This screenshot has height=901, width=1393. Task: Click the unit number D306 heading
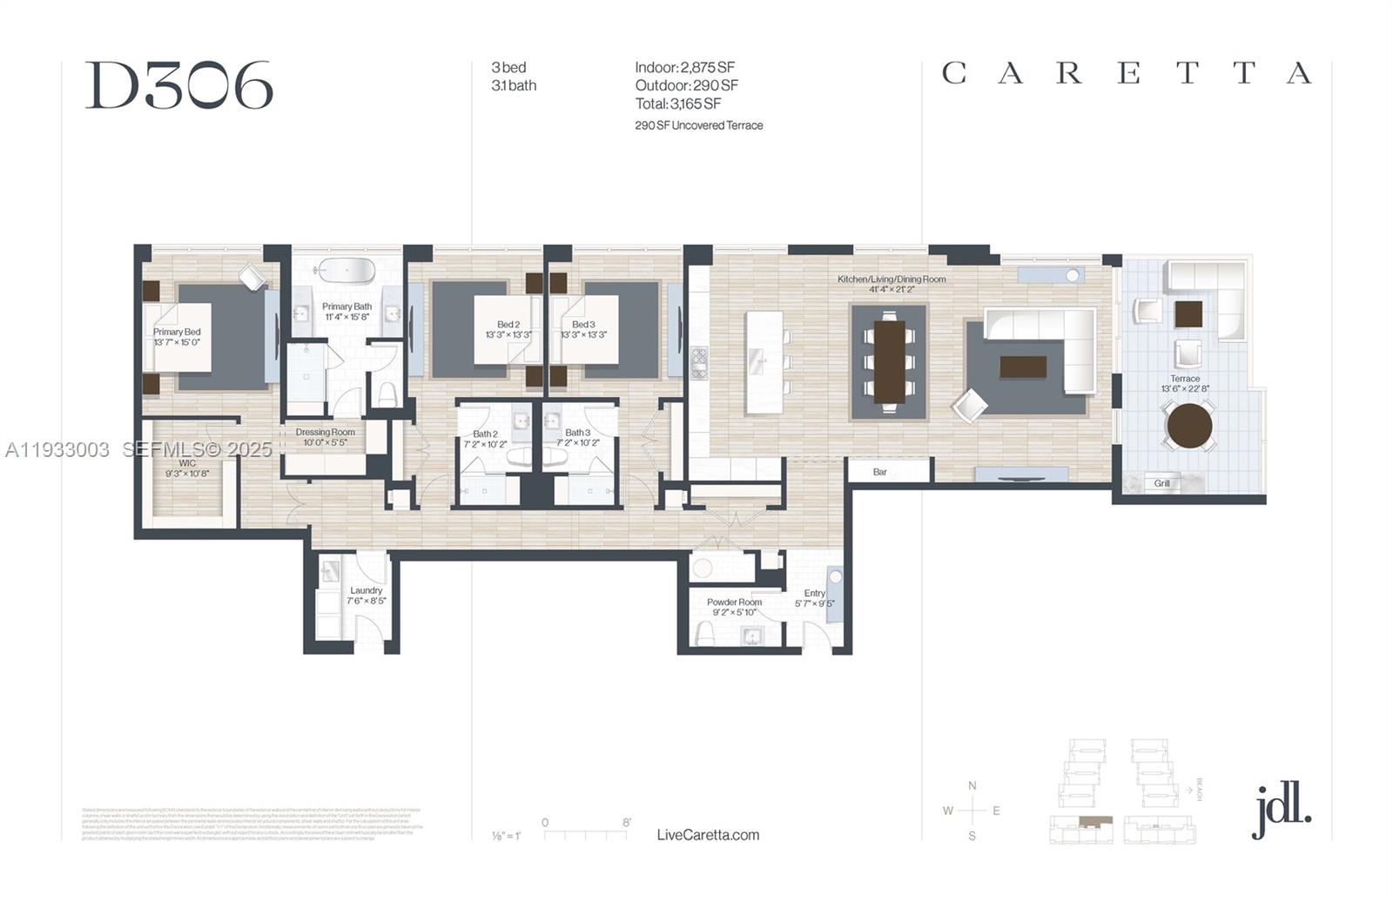[179, 86]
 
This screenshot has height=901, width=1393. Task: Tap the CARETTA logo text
[1127, 73]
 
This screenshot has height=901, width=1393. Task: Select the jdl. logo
[1281, 810]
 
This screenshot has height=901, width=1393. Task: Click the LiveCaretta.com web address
[708, 835]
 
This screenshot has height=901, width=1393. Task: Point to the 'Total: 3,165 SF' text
[678, 104]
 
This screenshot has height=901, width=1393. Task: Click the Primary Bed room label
[177, 332]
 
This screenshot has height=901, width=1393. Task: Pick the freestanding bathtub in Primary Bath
[345, 269]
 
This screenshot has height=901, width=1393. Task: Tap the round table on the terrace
[1189, 426]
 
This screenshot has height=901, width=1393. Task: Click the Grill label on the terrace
[1162, 483]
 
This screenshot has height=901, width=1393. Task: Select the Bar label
[880, 472]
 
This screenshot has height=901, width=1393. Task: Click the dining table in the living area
[889, 361]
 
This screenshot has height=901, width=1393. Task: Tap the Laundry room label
[367, 590]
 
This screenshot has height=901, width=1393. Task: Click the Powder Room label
[734, 602]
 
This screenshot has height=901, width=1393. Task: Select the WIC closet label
[187, 463]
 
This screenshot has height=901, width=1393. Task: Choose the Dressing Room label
[325, 432]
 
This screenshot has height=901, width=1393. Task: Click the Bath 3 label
[577, 433]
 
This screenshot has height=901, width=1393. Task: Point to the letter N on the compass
[972, 785]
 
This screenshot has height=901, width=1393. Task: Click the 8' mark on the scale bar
[627, 823]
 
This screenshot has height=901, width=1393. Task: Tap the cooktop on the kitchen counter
[699, 362]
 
